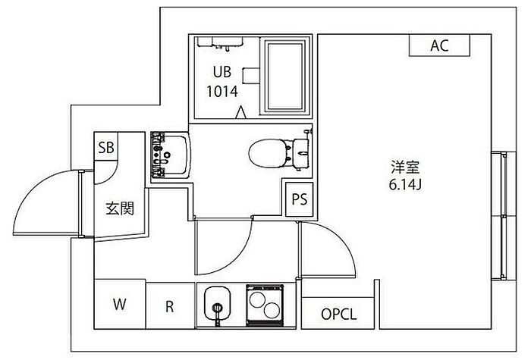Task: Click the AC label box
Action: pyautogui.click(x=439, y=45)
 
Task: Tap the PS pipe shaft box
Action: pyautogui.click(x=300, y=199)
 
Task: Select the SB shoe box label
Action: pyautogui.click(x=106, y=147)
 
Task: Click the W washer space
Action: pyautogui.click(x=120, y=304)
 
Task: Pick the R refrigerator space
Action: pyautogui.click(x=170, y=306)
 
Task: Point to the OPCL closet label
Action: pyautogui.click(x=338, y=315)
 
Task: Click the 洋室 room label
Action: pyautogui.click(x=405, y=167)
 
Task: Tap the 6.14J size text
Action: pyautogui.click(x=405, y=185)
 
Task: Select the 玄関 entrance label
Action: pyautogui.click(x=120, y=208)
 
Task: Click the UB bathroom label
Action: pyautogui.click(x=222, y=72)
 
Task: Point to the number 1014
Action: pyautogui.click(x=222, y=92)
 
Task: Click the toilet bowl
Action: pyautogui.click(x=268, y=154)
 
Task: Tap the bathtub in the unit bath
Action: pyautogui.click(x=284, y=77)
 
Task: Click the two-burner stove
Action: pyautogui.click(x=265, y=305)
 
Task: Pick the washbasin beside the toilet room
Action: pyautogui.click(x=171, y=155)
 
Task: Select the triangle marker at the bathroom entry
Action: pyautogui.click(x=240, y=112)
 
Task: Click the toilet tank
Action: pyautogui.click(x=301, y=154)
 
